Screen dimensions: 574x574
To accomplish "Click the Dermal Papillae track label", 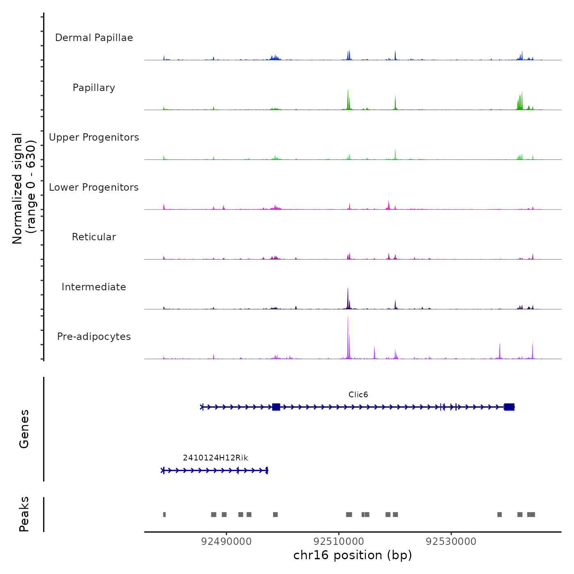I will (94, 38).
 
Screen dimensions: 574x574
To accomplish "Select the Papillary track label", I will (94, 88).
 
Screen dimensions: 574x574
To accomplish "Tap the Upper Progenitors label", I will (94, 137).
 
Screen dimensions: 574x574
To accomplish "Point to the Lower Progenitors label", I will (94, 187).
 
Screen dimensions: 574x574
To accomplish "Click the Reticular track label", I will (94, 237).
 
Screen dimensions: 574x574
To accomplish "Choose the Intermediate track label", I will (94, 287).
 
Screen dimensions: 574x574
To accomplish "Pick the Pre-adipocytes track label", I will (94, 337).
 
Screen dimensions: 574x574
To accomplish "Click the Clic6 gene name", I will (358, 394).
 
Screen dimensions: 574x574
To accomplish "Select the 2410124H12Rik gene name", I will (215, 458).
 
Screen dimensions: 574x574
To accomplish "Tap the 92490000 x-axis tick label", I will (226, 542).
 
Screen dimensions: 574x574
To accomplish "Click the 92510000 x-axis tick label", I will (339, 542).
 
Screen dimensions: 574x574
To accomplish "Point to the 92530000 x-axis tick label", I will (451, 542).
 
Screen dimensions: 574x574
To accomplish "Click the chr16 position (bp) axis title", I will (353, 555).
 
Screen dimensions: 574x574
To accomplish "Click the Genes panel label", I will (24, 429).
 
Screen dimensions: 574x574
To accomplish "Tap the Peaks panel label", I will (24, 514).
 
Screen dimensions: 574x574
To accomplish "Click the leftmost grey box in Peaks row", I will (164, 515).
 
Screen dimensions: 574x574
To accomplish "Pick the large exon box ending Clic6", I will (509, 407).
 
